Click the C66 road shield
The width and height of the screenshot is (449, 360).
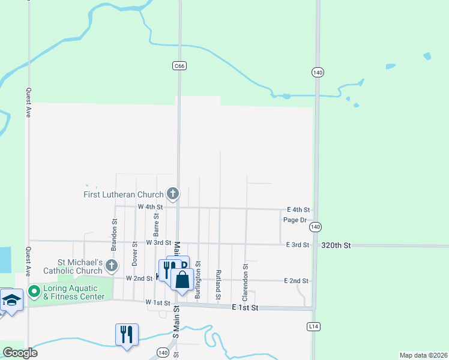click(x=178, y=65)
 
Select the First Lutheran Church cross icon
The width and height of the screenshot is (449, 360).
click(x=173, y=194)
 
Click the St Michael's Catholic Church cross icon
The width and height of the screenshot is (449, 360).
click(x=112, y=265)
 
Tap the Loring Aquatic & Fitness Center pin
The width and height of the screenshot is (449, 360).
click(x=34, y=291)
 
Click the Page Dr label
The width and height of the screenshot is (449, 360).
click(x=295, y=220)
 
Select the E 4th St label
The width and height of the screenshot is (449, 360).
click(x=298, y=209)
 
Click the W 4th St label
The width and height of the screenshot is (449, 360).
click(x=150, y=206)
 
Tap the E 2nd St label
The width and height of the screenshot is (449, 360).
click(x=297, y=281)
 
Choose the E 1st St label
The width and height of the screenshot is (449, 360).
click(x=244, y=307)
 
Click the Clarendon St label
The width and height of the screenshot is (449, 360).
click(x=245, y=282)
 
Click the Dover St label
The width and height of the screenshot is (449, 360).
click(x=134, y=255)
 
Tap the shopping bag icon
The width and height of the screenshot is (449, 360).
click(x=182, y=279)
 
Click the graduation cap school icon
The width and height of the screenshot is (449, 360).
click(x=11, y=299)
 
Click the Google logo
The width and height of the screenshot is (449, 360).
click(x=20, y=353)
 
